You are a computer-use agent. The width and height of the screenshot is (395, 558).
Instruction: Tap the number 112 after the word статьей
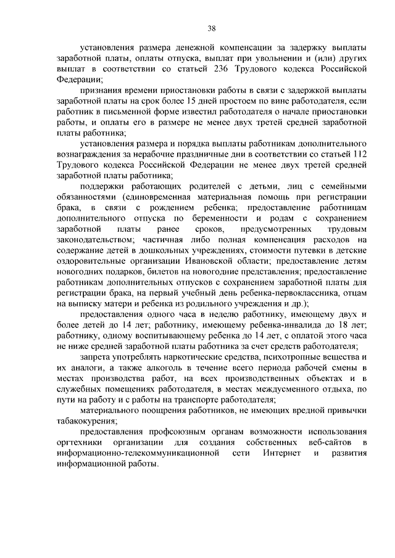[x=359, y=154]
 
